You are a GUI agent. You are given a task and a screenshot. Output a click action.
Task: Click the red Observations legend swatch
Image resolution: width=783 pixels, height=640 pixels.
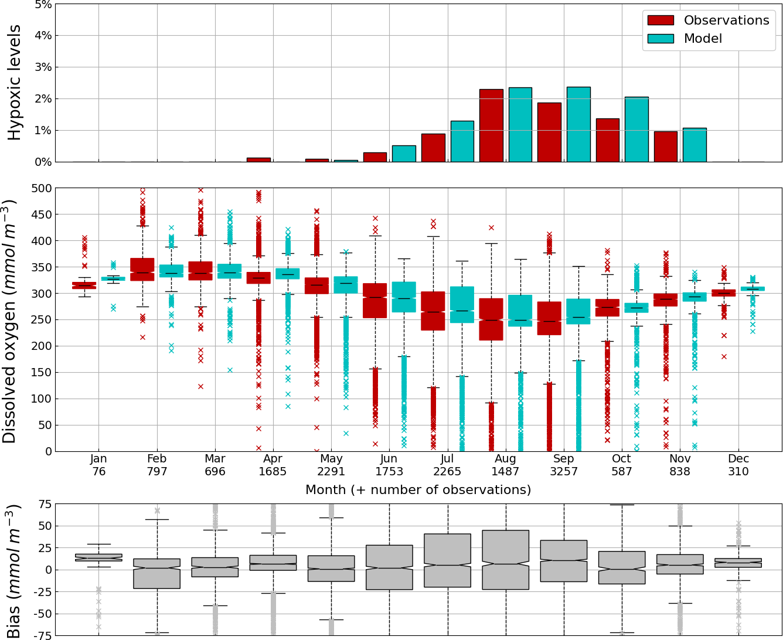tap(660, 21)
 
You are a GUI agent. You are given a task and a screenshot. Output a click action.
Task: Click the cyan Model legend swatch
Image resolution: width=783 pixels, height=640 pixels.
tap(660, 39)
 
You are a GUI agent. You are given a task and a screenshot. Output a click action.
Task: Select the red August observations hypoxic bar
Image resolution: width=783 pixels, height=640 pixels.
tap(491, 125)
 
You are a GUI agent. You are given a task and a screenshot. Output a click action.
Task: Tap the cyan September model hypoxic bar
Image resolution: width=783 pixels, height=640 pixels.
tap(578, 124)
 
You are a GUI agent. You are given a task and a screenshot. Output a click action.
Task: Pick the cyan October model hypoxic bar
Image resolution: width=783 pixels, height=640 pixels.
tap(636, 130)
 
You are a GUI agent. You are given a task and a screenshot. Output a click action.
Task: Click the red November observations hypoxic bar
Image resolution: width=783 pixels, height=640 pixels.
tap(666, 147)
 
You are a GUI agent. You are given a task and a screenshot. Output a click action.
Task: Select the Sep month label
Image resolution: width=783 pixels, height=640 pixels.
tap(564, 458)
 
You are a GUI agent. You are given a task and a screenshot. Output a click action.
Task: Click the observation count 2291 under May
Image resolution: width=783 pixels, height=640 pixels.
tap(331, 472)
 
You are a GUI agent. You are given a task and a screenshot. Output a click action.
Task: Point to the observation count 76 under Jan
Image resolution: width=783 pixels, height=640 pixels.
tap(98, 472)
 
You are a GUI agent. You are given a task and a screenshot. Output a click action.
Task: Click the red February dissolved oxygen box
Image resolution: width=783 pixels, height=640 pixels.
tap(142, 270)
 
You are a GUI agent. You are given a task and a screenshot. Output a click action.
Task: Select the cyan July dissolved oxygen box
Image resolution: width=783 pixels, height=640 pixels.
tap(462, 305)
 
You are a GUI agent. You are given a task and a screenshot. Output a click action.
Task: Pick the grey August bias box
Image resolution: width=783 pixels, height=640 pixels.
tap(506, 560)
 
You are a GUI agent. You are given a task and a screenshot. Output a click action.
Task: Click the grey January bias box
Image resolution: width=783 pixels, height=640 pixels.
tap(98, 557)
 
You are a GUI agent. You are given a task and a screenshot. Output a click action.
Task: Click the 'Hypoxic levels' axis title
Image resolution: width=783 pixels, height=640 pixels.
tap(15, 83)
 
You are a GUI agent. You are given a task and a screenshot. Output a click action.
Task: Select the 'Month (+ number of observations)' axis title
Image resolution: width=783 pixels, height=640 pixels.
tap(418, 490)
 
